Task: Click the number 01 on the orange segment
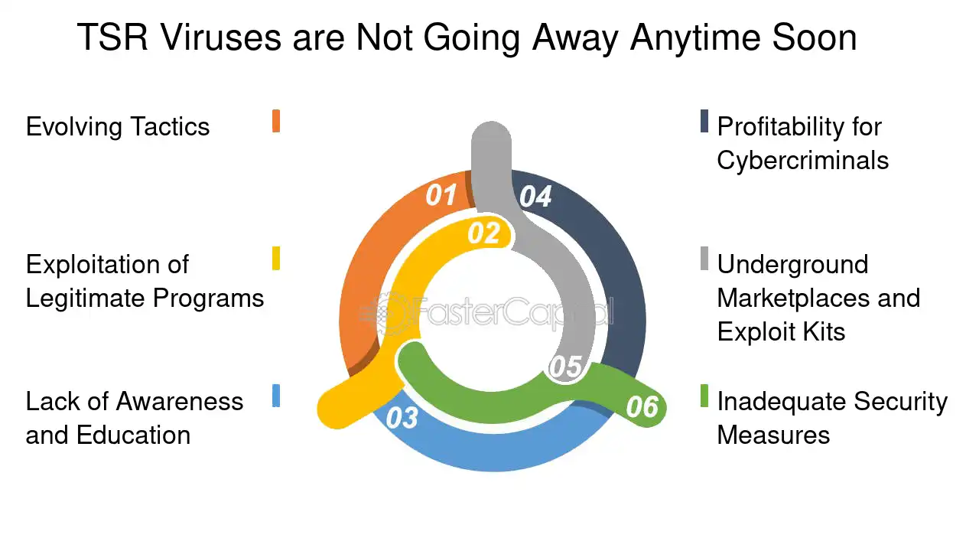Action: point(441,194)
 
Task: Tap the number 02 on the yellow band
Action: point(484,233)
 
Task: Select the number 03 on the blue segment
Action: point(402,418)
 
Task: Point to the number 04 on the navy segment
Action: point(535,197)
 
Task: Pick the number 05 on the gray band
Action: point(565,367)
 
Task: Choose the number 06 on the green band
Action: point(642,406)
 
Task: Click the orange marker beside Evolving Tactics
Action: point(276,121)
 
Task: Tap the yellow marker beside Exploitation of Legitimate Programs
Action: point(276,259)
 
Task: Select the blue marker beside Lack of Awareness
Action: point(276,396)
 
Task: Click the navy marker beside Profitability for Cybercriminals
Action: point(704,121)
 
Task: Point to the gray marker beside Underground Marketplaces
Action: point(704,259)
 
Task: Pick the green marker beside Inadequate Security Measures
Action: point(704,396)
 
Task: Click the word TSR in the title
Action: point(112,37)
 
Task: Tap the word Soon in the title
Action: point(815,37)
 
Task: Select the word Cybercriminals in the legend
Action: point(803,161)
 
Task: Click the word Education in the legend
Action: point(133,435)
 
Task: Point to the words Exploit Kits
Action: point(781,331)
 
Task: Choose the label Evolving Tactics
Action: point(118,127)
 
